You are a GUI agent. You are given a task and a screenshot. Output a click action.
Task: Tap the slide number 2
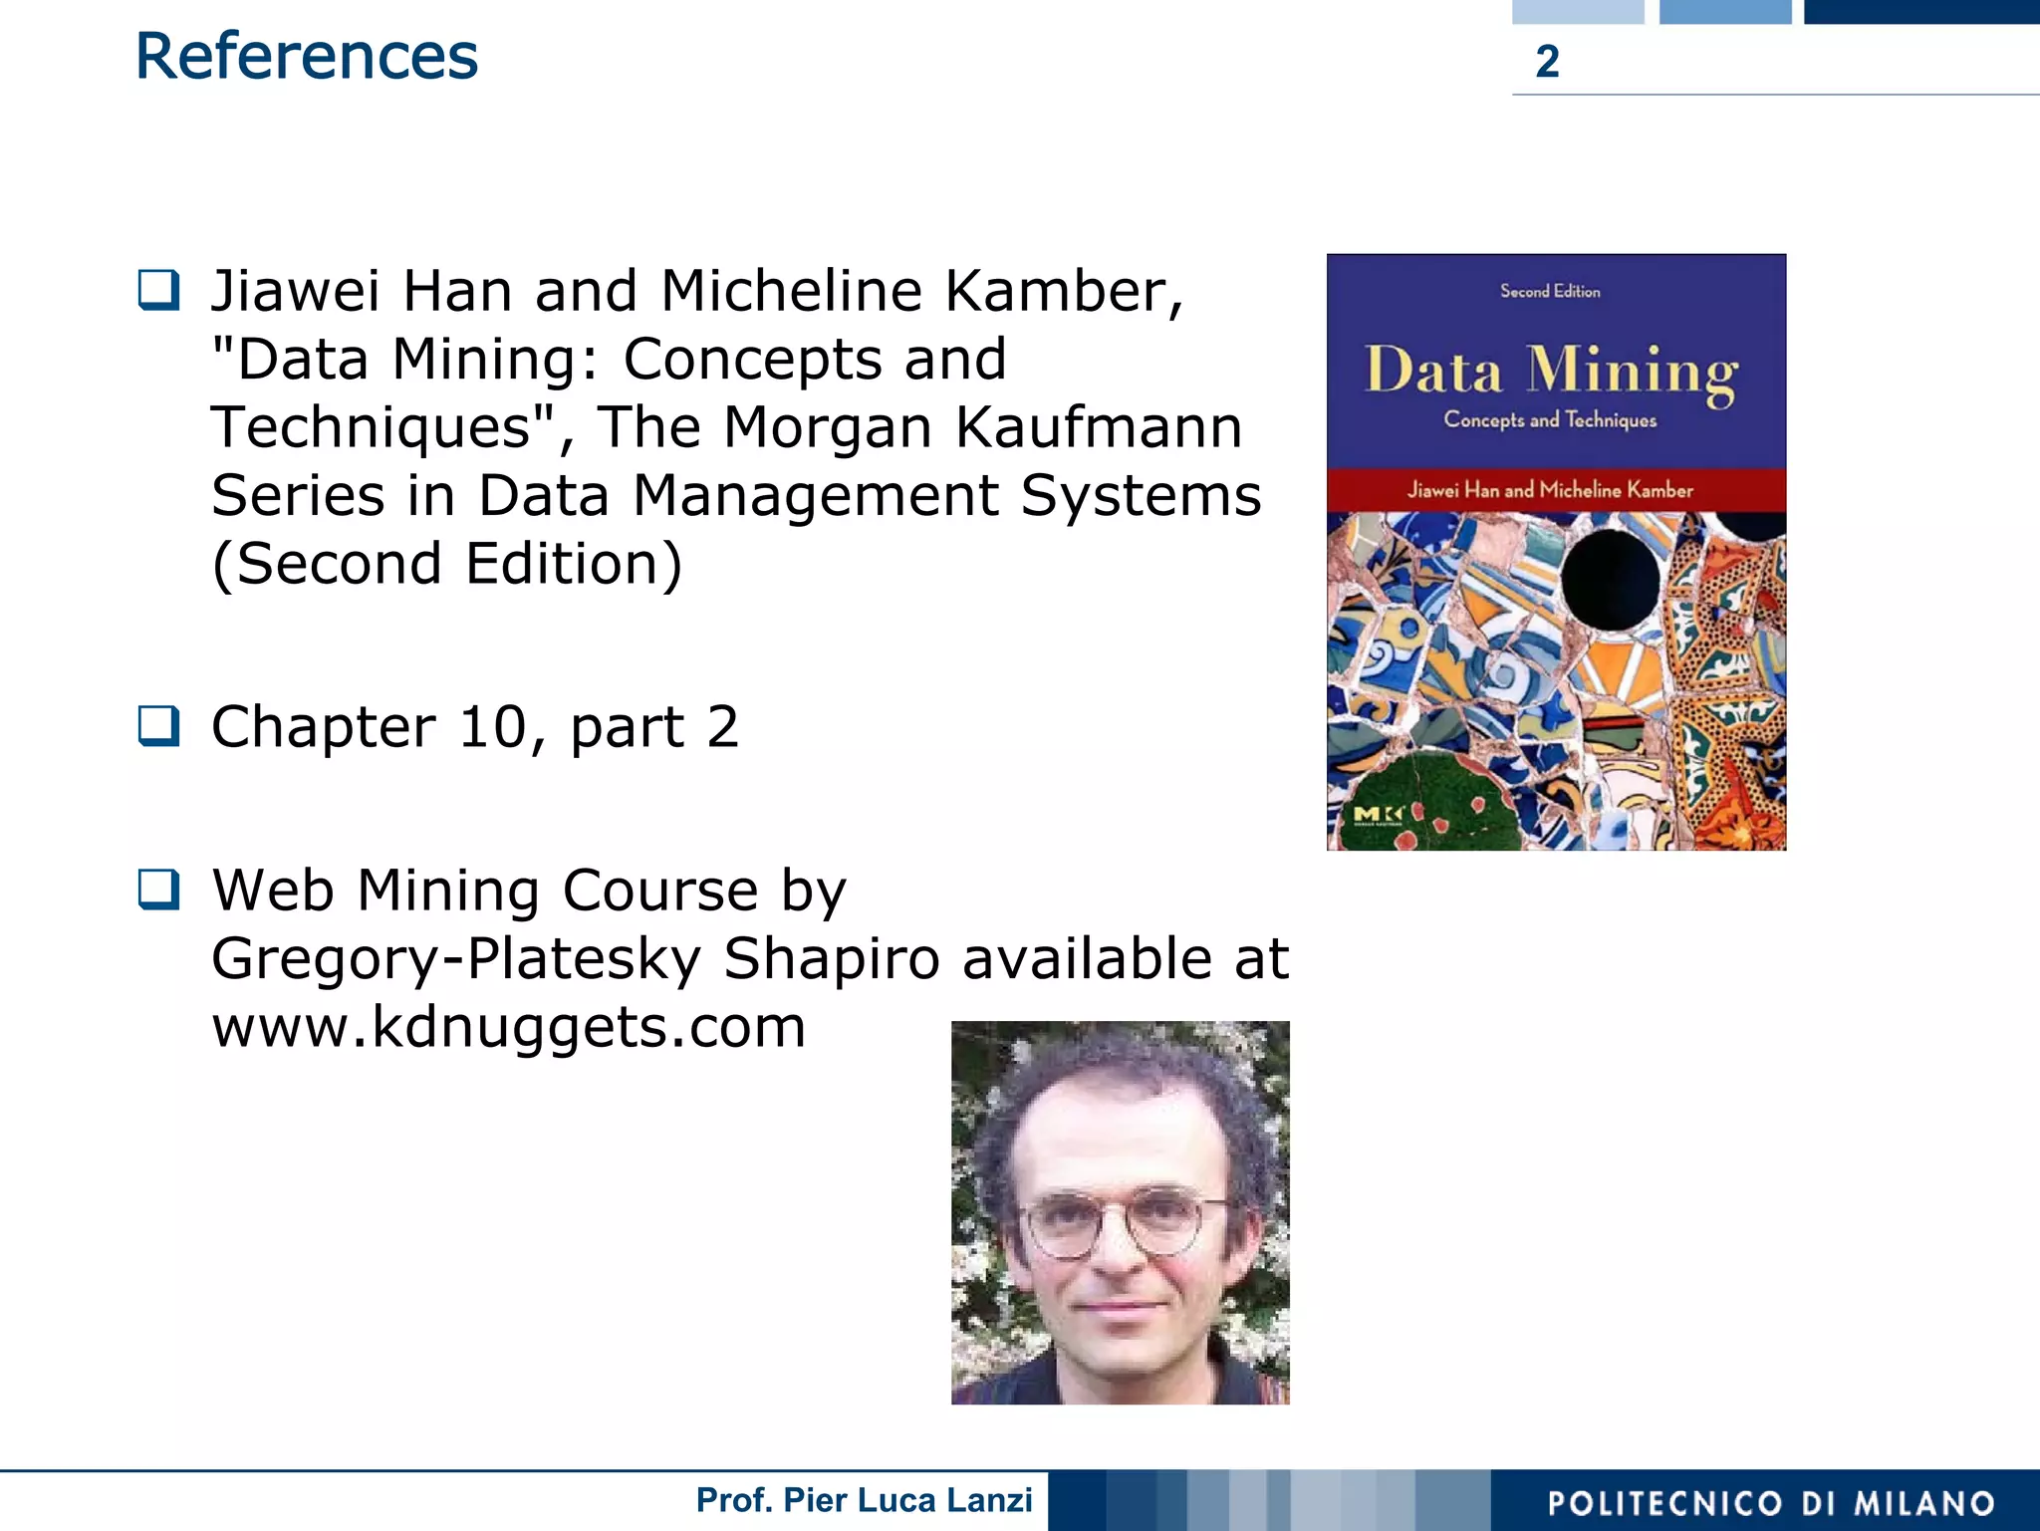pyautogui.click(x=1547, y=62)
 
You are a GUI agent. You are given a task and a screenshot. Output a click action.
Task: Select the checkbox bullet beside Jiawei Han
pyautogui.click(x=159, y=290)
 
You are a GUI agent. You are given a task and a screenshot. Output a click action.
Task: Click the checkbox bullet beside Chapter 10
pyautogui.click(x=159, y=725)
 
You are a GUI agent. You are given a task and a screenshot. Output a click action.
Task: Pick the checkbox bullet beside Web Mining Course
pyautogui.click(x=159, y=889)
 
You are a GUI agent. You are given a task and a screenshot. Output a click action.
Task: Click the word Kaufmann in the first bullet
pyautogui.click(x=1099, y=427)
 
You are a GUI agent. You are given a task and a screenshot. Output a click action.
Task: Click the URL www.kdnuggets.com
pyautogui.click(x=508, y=1027)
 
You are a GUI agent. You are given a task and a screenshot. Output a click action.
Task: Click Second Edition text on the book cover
pyautogui.click(x=1550, y=291)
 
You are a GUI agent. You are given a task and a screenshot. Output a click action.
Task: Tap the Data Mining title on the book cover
pyautogui.click(x=1551, y=373)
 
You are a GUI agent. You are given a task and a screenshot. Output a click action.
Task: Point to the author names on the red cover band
pyautogui.click(x=1550, y=489)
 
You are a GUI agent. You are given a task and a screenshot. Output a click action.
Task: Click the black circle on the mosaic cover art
pyautogui.click(x=1611, y=579)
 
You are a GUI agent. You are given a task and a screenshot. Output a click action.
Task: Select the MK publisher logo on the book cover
pyautogui.click(x=1378, y=816)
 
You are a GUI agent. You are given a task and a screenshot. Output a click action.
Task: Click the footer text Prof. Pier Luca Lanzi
pyautogui.click(x=864, y=1500)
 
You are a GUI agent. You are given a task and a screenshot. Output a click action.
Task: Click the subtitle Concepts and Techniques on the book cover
pyautogui.click(x=1550, y=419)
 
